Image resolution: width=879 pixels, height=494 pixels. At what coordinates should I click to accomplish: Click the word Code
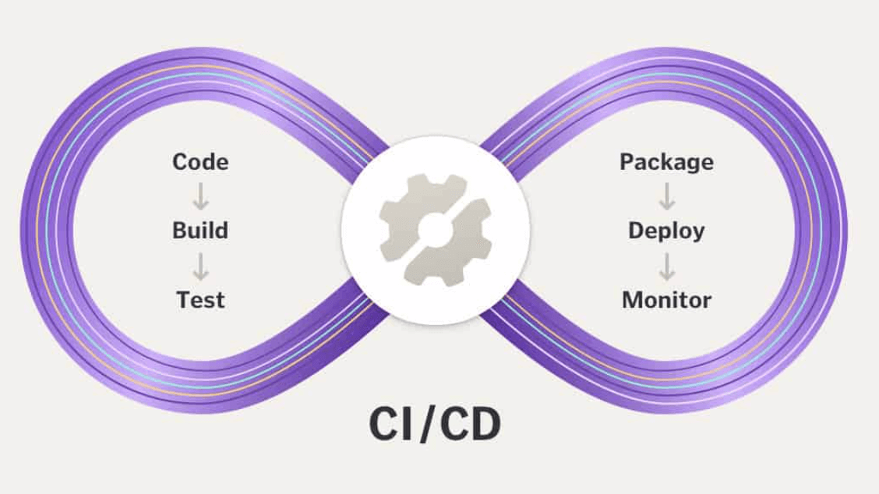click(200, 162)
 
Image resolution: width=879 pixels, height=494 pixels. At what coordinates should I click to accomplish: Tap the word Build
click(200, 231)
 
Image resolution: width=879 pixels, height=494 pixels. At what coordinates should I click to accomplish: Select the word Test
click(200, 299)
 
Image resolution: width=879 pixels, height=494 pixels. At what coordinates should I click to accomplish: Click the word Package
click(666, 162)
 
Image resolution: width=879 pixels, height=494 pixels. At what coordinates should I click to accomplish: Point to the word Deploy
click(666, 231)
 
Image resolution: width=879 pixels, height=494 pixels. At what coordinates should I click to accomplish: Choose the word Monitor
click(666, 299)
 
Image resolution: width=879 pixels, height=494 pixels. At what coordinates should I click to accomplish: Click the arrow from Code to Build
click(201, 196)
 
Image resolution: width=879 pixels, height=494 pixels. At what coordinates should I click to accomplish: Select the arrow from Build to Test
click(201, 265)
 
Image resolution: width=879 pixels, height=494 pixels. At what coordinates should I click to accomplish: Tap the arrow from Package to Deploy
click(667, 196)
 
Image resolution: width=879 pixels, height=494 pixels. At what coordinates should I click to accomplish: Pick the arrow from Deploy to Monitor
click(667, 265)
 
